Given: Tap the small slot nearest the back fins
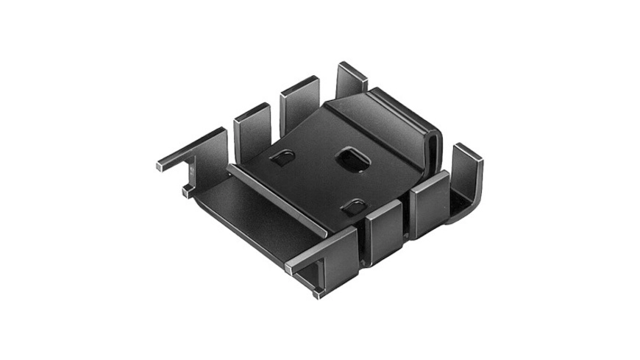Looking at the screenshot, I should click(282, 158).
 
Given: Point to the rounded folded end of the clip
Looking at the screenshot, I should click(434, 144).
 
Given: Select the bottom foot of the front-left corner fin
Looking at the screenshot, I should click(319, 292).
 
